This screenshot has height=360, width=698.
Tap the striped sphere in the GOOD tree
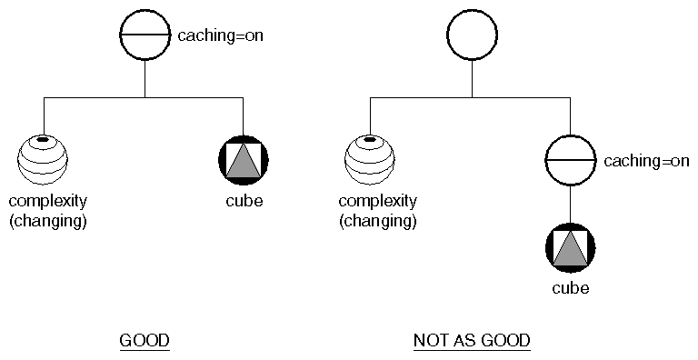point(44,159)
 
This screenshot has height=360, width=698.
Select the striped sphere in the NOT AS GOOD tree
point(370,159)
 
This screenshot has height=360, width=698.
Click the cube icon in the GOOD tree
point(244,160)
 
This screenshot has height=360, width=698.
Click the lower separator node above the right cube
point(570,160)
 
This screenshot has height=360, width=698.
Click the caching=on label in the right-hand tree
point(646,161)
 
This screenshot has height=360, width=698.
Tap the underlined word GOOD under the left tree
point(145,341)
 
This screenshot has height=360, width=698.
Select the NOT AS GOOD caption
point(472,341)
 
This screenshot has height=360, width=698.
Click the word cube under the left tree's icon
point(244,201)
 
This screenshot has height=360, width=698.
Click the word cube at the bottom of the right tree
point(570,289)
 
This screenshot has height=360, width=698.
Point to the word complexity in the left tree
point(49,201)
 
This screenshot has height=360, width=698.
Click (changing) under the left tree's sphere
point(47,220)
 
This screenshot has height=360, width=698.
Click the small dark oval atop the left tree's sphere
point(43,141)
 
